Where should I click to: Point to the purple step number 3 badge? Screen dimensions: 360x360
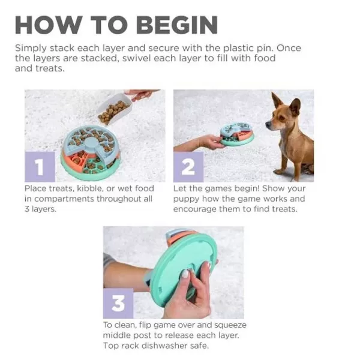pos(118,304)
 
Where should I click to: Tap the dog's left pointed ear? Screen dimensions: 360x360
pos(276,100)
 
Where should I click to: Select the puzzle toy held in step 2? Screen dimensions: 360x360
pos(237,134)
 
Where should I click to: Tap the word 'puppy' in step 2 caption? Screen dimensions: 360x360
pos(187,199)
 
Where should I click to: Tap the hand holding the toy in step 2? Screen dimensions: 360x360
pos(210,142)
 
